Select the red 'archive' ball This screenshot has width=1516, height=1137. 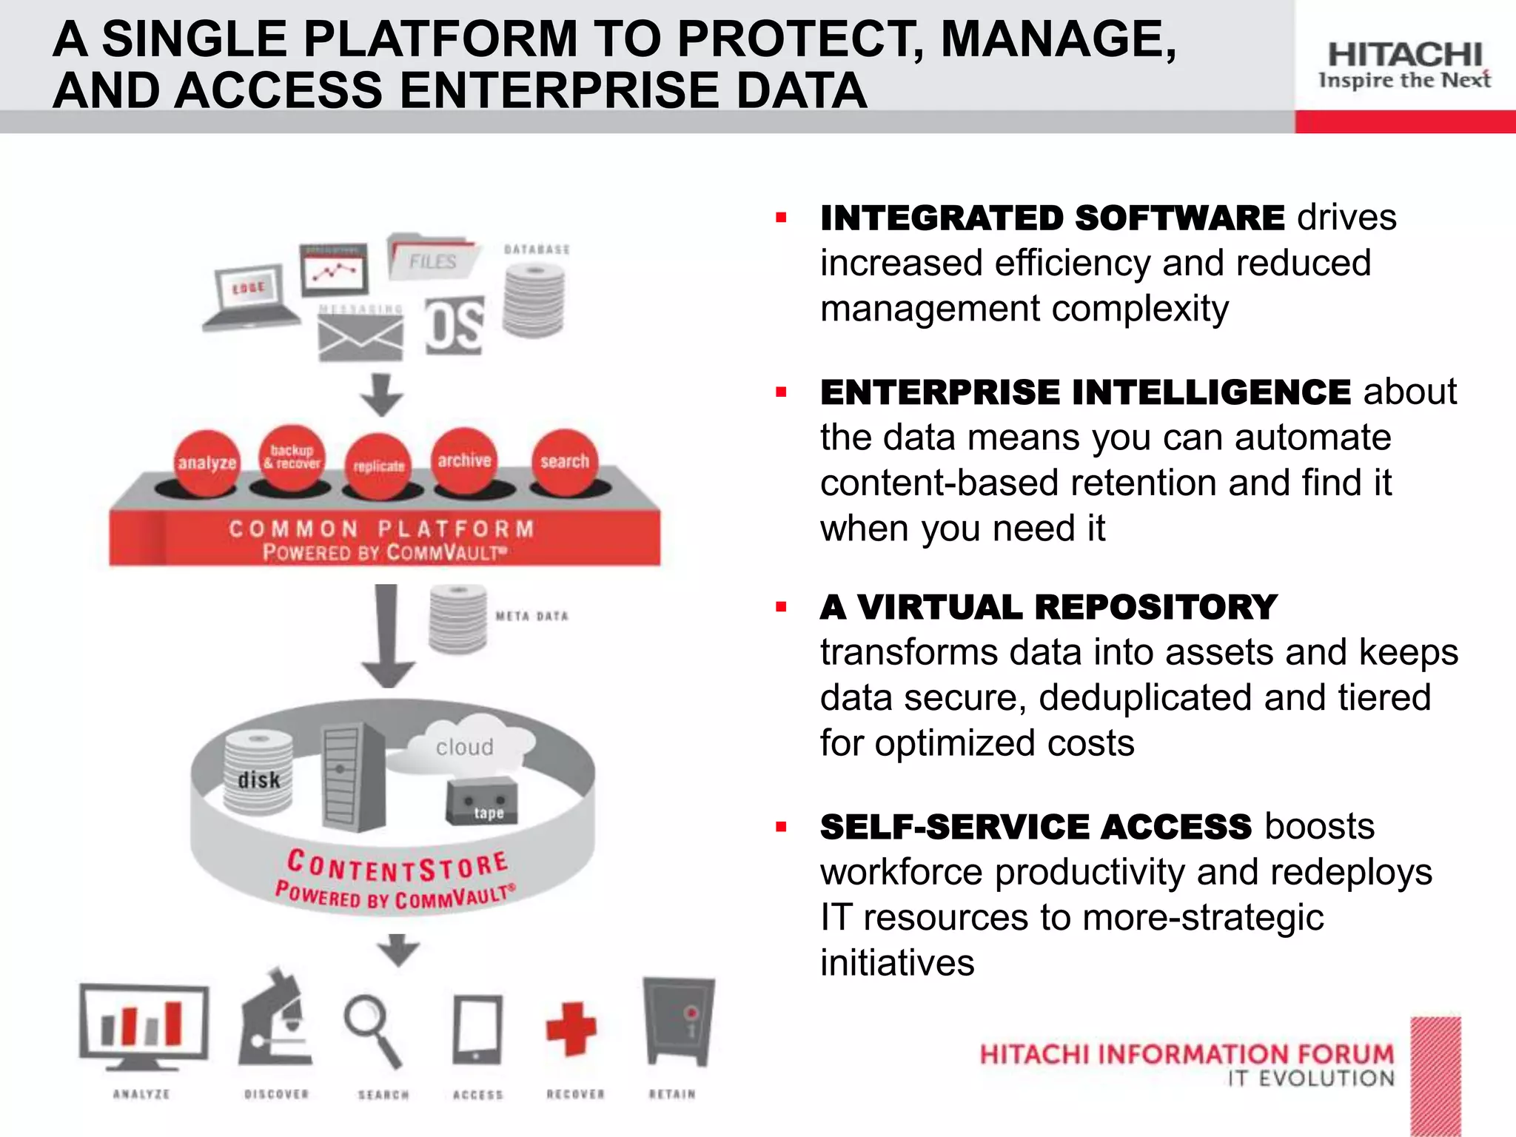[464, 460]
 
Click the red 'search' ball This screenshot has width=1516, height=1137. [564, 462]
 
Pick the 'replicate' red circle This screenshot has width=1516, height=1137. [379, 466]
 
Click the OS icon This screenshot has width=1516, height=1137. [454, 326]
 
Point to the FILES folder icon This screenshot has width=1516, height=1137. [432, 258]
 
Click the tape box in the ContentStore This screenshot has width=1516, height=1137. [481, 802]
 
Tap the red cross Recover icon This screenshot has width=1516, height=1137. [571, 1028]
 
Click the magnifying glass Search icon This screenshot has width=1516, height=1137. [373, 1030]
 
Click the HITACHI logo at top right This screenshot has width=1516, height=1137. [1404, 65]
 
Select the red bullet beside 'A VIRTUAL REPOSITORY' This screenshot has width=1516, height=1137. [781, 608]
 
